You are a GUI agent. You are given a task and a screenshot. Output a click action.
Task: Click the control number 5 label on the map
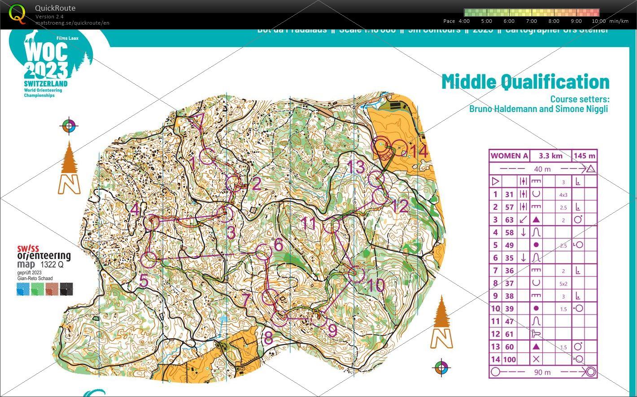144,281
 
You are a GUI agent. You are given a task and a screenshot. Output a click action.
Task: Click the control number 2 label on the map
256,184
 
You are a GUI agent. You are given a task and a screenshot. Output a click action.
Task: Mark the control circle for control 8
279,319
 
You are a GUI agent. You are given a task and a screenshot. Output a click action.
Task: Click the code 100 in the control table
509,359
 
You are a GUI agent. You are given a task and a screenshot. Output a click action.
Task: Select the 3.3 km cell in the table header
550,156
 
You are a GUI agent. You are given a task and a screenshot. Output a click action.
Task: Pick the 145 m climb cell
585,156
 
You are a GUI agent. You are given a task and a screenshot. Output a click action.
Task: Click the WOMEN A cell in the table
509,156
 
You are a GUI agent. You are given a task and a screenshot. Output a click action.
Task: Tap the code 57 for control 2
509,207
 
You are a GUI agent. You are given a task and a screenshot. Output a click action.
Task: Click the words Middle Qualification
525,82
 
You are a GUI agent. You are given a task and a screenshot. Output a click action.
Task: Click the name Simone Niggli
581,109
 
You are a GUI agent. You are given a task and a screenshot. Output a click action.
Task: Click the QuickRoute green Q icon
17,13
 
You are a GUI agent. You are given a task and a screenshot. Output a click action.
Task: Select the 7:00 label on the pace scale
531,21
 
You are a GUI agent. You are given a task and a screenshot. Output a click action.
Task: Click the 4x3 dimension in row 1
563,194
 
